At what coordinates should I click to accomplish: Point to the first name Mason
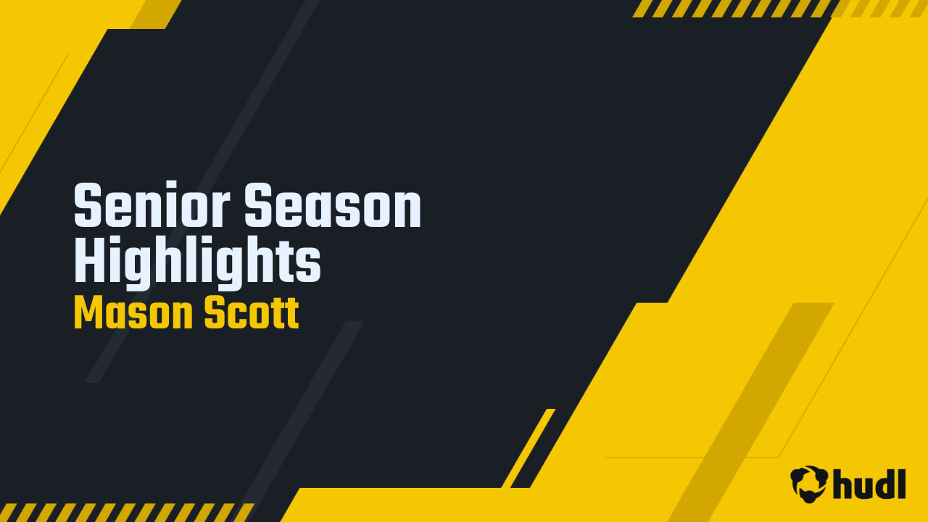133,314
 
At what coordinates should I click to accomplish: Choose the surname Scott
251,314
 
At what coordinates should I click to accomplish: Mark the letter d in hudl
884,484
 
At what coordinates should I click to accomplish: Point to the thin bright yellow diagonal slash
529,448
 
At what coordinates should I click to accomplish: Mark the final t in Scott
293,315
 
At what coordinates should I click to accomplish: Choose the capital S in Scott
215,314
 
